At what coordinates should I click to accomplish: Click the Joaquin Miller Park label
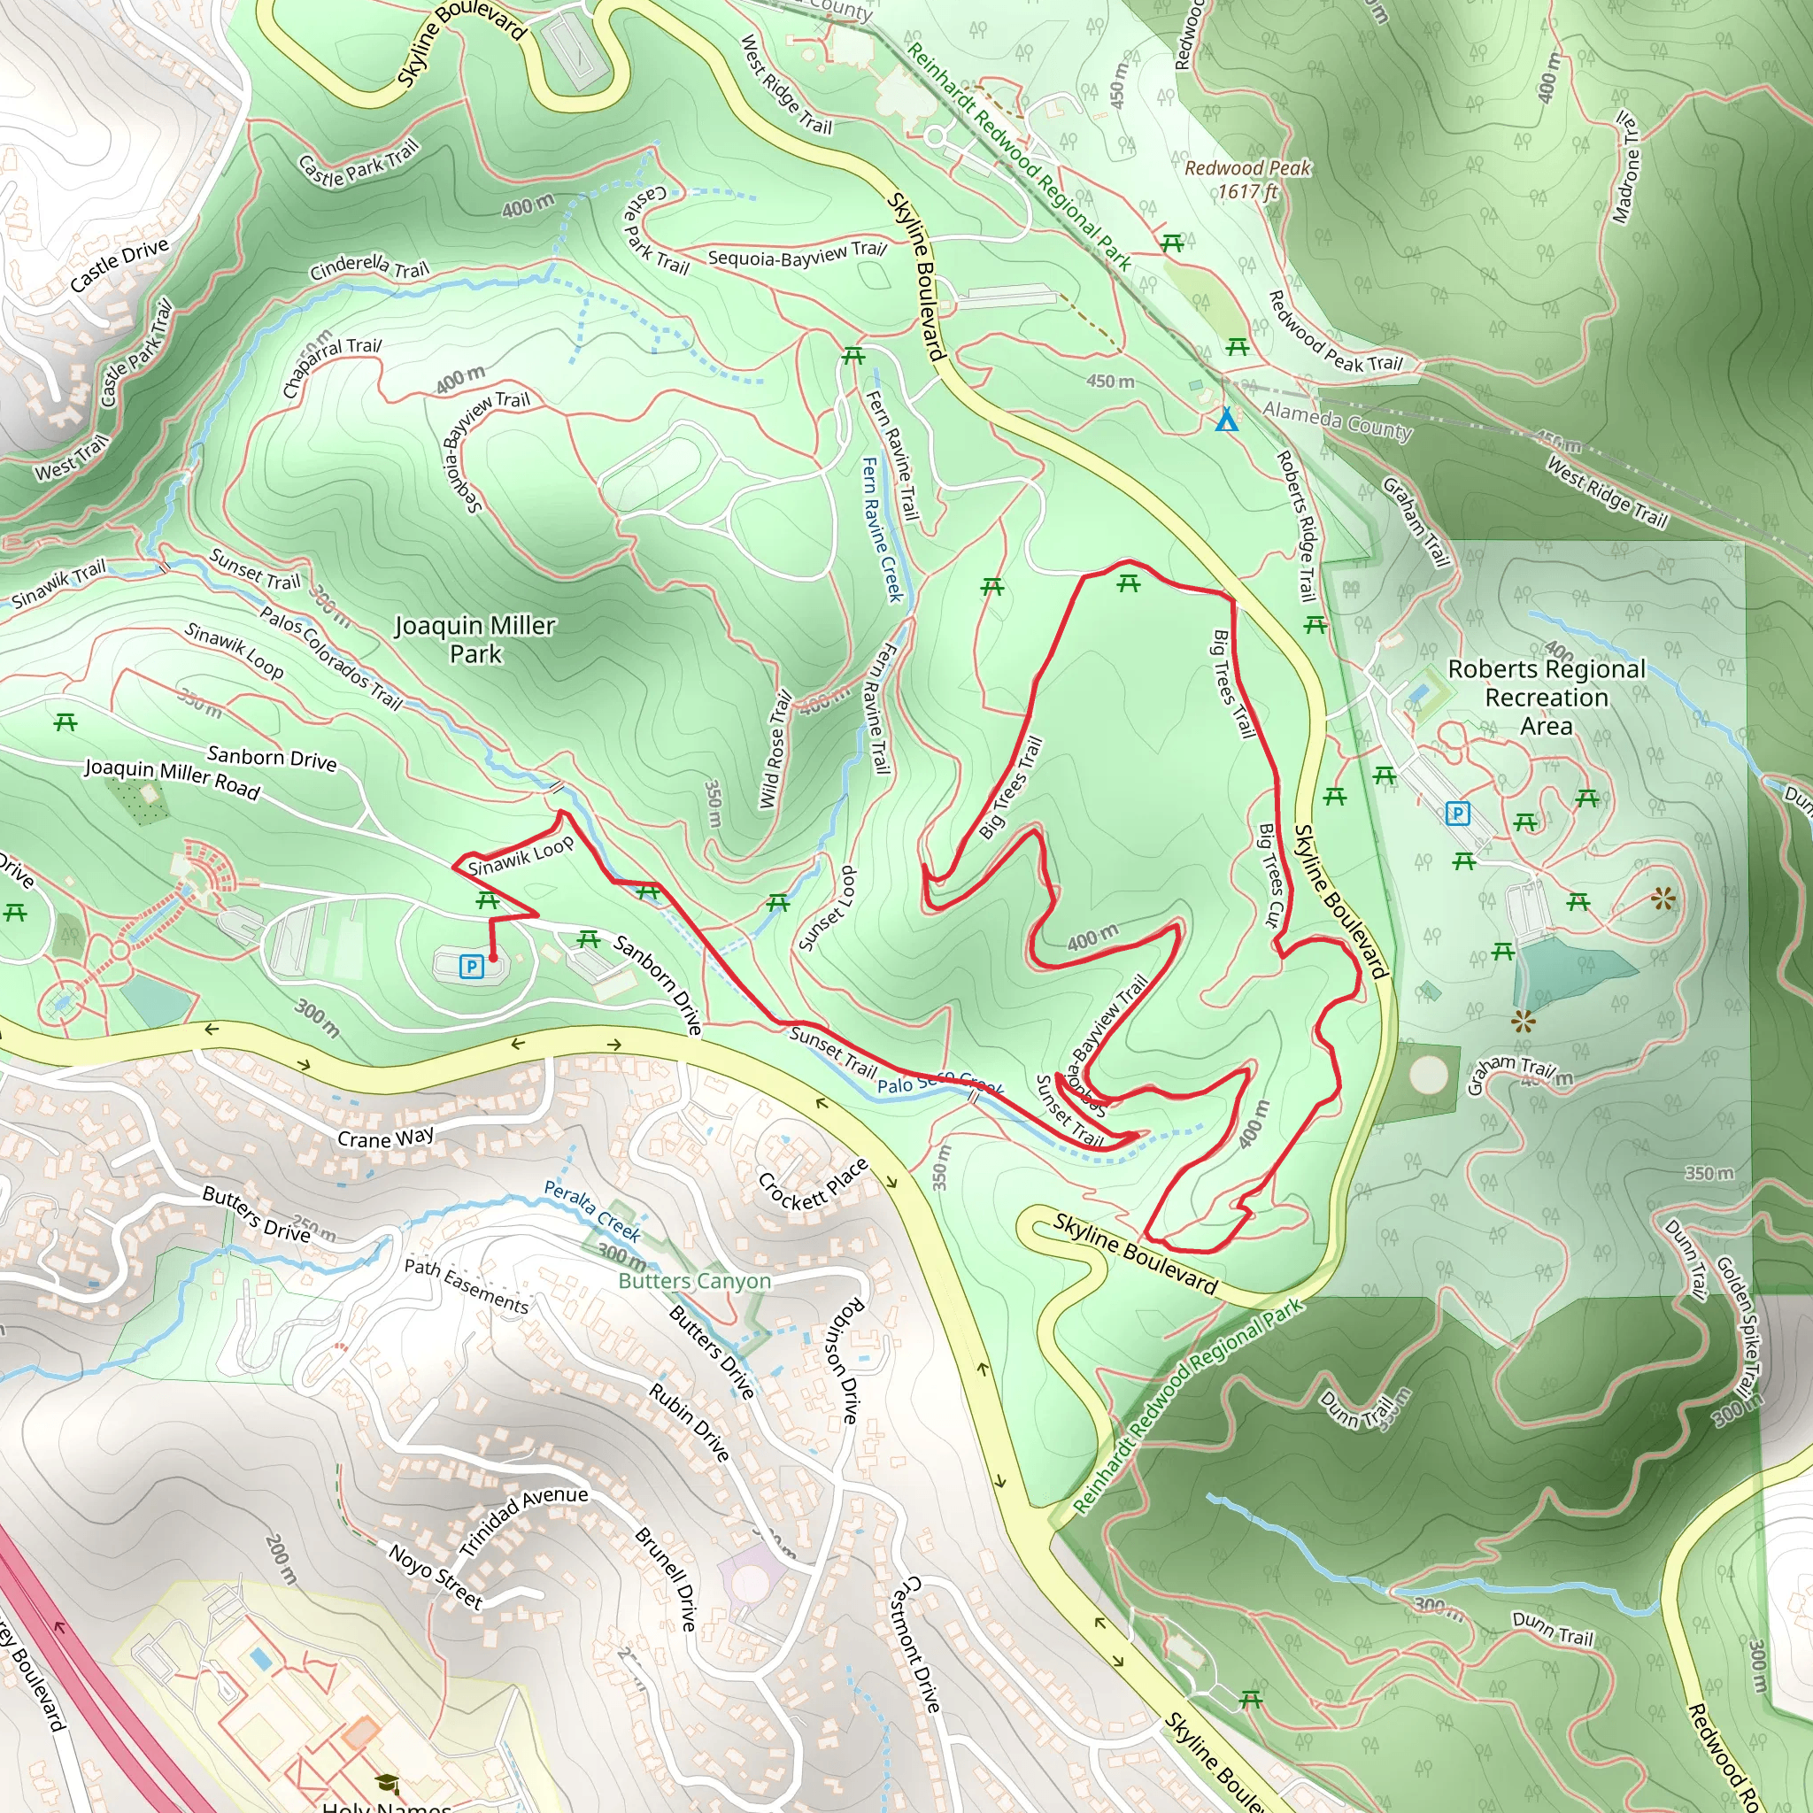tap(474, 639)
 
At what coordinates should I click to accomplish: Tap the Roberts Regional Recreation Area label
tap(1546, 698)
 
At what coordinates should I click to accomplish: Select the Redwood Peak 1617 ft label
tap(1247, 179)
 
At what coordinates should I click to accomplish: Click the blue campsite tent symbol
tap(1225, 420)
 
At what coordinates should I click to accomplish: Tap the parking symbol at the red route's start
tap(471, 966)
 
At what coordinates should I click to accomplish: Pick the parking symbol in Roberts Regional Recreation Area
tap(1456, 814)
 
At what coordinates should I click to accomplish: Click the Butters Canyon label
tap(694, 1281)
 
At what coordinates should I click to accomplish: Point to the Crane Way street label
tap(386, 1138)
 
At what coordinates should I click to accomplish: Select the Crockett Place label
tap(813, 1185)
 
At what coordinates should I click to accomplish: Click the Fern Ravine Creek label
tap(882, 529)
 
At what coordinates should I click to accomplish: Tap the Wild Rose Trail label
tap(775, 751)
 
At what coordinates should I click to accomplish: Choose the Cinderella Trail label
tap(369, 267)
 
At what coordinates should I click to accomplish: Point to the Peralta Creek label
tap(592, 1210)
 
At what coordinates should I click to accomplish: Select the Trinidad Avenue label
tap(524, 1519)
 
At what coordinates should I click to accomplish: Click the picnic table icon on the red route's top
tap(1129, 584)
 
